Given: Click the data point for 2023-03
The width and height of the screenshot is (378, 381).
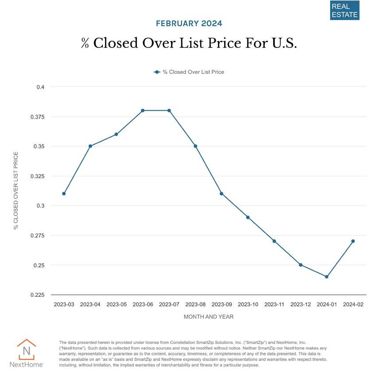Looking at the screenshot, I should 64,194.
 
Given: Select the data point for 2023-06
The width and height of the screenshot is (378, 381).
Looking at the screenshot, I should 143,110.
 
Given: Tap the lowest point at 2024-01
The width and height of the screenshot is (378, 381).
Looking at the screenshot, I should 327,277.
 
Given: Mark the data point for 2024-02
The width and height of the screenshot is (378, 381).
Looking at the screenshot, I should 353,241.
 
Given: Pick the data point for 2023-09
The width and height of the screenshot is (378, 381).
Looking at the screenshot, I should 222,194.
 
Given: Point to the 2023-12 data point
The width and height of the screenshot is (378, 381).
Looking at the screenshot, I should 300,265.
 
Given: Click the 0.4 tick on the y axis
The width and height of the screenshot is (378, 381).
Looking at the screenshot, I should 40,87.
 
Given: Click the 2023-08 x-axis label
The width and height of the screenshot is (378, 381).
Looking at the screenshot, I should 195,304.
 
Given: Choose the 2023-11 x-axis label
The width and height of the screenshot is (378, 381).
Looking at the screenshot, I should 274,304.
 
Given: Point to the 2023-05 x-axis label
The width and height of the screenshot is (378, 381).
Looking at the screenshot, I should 117,304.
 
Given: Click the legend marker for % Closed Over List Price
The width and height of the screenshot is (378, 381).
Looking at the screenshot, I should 157,72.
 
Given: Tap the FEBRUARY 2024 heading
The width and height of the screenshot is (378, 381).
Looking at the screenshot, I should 189,23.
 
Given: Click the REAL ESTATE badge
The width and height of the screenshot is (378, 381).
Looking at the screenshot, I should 344,10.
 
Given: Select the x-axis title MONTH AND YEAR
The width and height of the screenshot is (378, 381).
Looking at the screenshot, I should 208,317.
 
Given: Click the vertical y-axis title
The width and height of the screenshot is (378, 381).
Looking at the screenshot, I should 16,190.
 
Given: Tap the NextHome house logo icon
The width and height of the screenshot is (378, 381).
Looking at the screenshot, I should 26,350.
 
